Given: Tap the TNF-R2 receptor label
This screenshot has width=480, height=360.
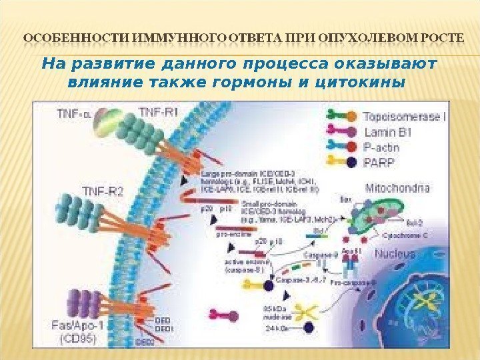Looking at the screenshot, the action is click(x=102, y=192).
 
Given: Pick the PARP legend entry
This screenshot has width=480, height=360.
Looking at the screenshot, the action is click(x=379, y=161).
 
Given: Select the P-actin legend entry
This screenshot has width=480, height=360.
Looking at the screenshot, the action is click(x=383, y=147).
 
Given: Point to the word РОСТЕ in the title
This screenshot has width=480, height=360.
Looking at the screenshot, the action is click(x=441, y=37).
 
